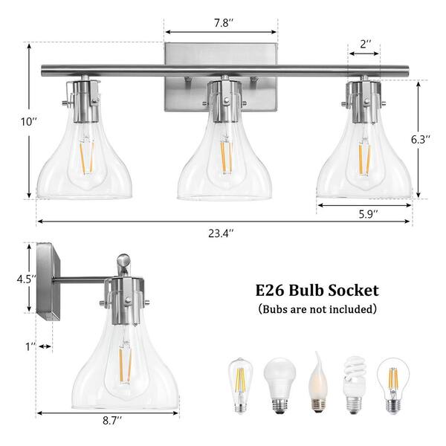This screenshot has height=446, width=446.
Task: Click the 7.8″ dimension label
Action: click(x=224, y=23)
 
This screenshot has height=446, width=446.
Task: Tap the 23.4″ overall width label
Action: click(x=221, y=233)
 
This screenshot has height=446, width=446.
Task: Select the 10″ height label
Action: click(x=29, y=122)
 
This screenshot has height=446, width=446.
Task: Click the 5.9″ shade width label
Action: click(x=369, y=214)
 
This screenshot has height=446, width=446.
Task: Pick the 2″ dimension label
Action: click(x=366, y=44)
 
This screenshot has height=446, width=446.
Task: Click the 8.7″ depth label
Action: click(x=112, y=421)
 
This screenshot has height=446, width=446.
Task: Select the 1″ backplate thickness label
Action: click(x=30, y=346)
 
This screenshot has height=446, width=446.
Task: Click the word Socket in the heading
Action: click(x=354, y=291)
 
